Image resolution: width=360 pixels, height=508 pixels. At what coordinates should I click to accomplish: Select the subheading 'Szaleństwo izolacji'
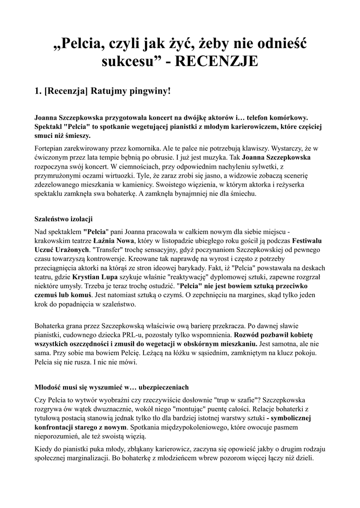(63, 219)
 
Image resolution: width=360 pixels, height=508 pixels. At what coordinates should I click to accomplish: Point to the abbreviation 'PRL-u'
(155, 335)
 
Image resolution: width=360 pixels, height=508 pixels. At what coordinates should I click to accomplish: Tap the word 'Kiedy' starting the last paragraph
(44, 449)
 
